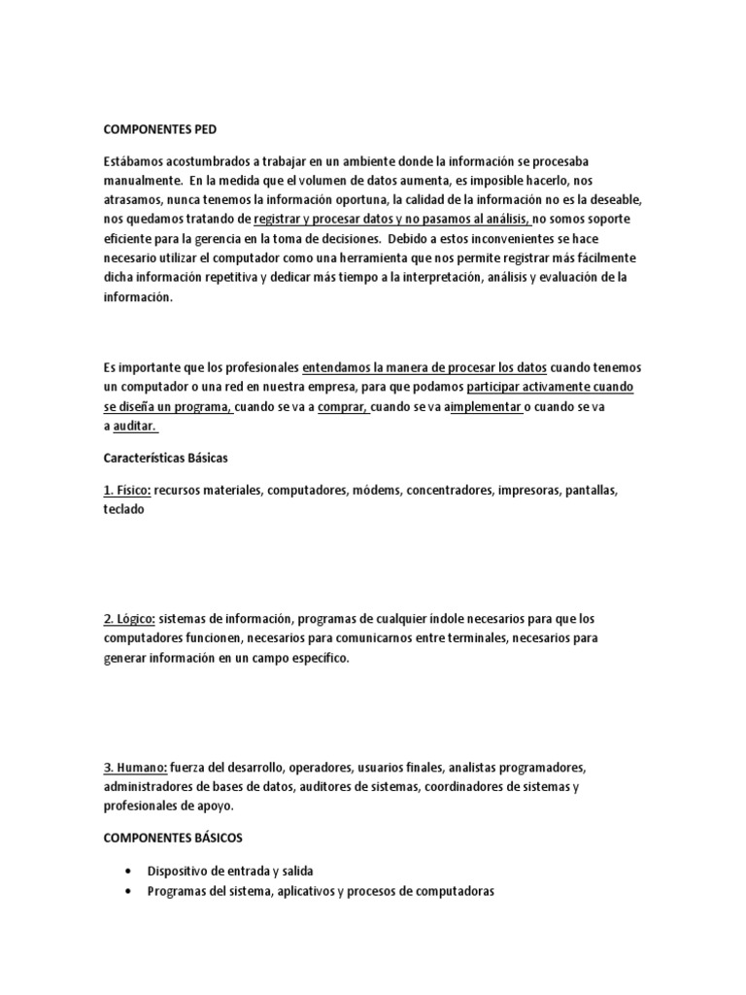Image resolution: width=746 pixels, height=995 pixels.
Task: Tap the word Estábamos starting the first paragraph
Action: click(138, 158)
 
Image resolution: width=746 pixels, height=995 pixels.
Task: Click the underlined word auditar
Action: click(135, 427)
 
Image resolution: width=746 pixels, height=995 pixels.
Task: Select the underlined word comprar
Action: click(343, 407)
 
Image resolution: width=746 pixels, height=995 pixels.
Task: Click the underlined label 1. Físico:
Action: click(126, 490)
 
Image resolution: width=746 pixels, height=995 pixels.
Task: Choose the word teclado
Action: click(123, 509)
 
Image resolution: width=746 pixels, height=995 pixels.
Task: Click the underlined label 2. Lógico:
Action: click(129, 618)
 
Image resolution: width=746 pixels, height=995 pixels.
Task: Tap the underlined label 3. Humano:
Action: click(135, 766)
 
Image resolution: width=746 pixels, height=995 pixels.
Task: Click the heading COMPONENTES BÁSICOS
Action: click(174, 838)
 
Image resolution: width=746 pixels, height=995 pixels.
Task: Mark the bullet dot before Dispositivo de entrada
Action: click(129, 871)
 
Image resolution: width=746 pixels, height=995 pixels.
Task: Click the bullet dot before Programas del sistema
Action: click(129, 891)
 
